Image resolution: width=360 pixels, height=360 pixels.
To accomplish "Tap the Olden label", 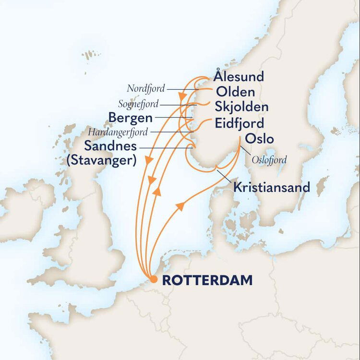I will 235,92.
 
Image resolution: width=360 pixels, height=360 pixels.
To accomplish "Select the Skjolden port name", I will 241,107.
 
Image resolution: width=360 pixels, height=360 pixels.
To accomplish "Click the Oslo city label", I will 259,139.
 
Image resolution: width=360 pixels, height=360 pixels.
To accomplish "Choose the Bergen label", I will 131,118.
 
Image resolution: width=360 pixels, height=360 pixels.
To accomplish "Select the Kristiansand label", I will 272,187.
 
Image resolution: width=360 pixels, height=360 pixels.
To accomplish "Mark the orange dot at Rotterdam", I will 153,280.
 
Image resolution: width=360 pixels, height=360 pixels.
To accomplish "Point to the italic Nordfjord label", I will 146,88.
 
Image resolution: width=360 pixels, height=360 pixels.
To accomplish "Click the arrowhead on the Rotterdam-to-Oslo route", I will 180,206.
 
